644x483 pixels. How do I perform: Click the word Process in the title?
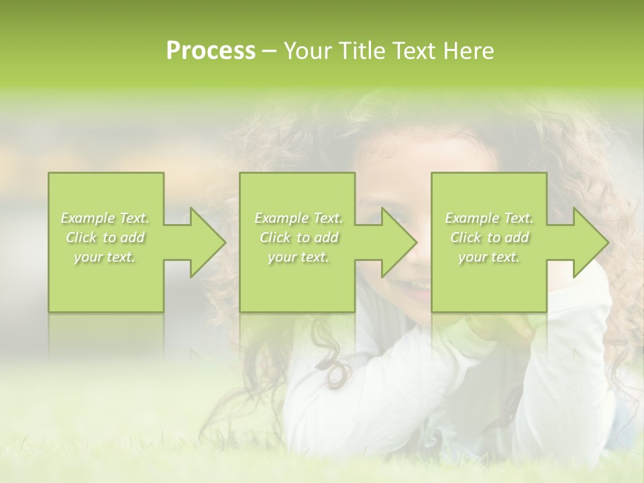pos(211,51)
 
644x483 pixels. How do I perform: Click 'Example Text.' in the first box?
pos(105,218)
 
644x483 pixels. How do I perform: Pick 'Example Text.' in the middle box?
pos(299,218)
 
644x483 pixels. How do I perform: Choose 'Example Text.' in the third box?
pos(489,218)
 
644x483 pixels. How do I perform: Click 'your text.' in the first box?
pos(105,257)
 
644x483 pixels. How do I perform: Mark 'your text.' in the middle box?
pos(299,257)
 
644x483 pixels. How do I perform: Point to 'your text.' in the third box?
pos(489,257)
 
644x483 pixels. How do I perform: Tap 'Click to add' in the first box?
pos(105,237)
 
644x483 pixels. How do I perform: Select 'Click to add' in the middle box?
pos(299,237)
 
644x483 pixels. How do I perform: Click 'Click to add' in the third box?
pos(489,237)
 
